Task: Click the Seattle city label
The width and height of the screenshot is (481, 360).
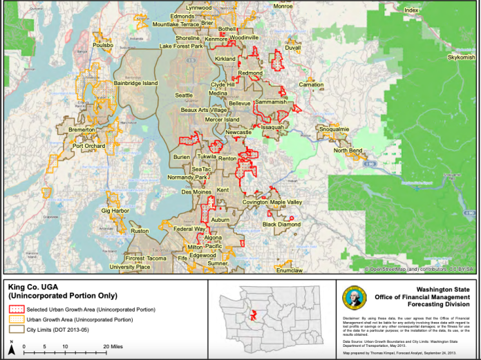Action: pos(184,95)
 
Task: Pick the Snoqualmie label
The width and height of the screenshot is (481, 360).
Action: pos(334,129)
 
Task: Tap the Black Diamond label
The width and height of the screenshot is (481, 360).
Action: pos(281,225)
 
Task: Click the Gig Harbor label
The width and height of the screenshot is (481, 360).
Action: pos(115,209)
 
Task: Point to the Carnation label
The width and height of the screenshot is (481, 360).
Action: pos(311,84)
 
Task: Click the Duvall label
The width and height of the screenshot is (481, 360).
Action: pos(292,48)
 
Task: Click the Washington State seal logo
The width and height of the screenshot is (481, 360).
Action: pos(350,296)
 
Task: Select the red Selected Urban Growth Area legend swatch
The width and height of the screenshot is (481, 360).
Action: pos(15,309)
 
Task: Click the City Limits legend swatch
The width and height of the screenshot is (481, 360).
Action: pos(15,330)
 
